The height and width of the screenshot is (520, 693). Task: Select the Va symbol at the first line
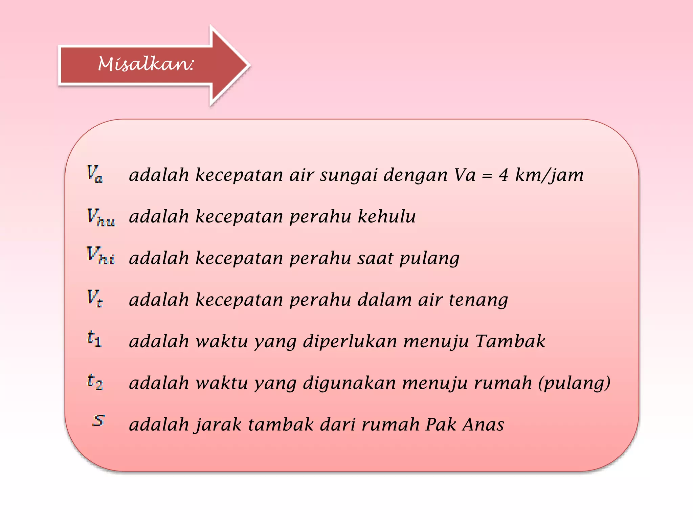coord(95,174)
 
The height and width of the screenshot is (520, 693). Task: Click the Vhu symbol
coord(101,217)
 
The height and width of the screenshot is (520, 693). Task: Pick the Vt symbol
coord(95,298)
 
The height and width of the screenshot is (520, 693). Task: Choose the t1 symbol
coord(94,339)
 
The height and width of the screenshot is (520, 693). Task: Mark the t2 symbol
coord(95,382)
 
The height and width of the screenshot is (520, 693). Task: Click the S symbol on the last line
coord(98,420)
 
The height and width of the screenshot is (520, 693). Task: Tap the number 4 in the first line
coord(504,175)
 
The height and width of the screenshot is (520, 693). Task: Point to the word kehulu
coord(387,216)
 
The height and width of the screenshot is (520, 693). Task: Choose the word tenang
coord(478,300)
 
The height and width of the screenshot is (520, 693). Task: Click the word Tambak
coord(510,341)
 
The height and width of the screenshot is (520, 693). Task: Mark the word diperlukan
coord(350,342)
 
